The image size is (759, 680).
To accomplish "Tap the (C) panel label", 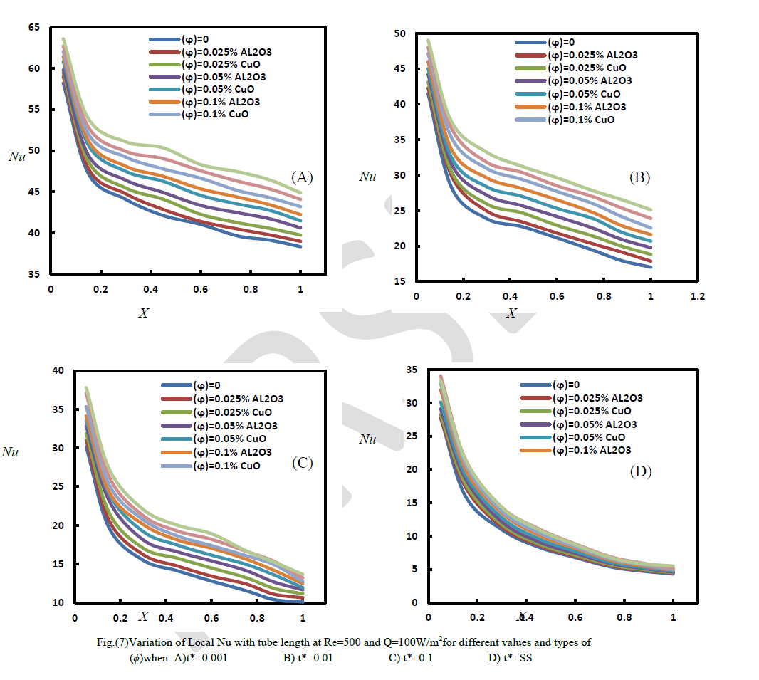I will coord(302,463).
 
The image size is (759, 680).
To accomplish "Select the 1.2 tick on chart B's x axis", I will coord(697,296).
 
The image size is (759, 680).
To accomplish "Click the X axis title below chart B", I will coord(511,313).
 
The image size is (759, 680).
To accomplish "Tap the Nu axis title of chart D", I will coord(367,439).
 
